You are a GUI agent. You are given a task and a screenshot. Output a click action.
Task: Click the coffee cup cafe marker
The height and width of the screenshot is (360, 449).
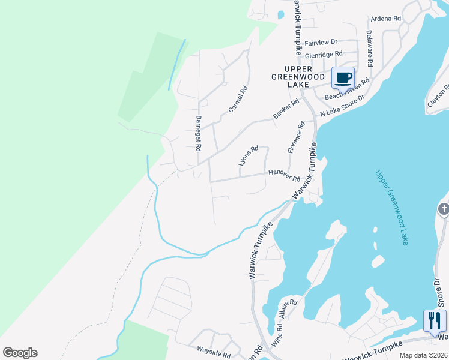click(x=343, y=78)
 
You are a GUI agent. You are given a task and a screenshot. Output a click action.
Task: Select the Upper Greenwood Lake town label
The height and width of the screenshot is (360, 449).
click(x=290, y=77)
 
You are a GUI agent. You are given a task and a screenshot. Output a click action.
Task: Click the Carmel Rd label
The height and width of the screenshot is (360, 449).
click(x=238, y=100)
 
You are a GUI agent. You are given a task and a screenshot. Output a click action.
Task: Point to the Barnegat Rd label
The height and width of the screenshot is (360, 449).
click(x=199, y=133)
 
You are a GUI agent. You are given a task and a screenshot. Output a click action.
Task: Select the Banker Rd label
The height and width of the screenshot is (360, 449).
click(x=286, y=109)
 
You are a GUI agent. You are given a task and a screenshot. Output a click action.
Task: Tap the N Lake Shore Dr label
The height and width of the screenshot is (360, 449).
click(x=342, y=106)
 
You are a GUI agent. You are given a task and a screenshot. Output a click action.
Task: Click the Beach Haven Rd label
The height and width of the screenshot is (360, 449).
click(x=347, y=91)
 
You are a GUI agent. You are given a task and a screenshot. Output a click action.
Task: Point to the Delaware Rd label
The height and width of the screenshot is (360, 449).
click(x=370, y=49)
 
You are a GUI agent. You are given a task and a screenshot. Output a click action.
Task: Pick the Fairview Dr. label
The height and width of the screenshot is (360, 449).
click(x=322, y=43)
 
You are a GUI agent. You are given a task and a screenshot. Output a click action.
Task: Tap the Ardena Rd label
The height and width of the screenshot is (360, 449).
click(x=385, y=19)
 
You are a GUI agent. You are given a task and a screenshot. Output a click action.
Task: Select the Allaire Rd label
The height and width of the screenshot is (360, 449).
click(x=289, y=309)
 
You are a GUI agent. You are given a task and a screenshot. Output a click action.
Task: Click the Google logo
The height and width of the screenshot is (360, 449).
click(x=20, y=353)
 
